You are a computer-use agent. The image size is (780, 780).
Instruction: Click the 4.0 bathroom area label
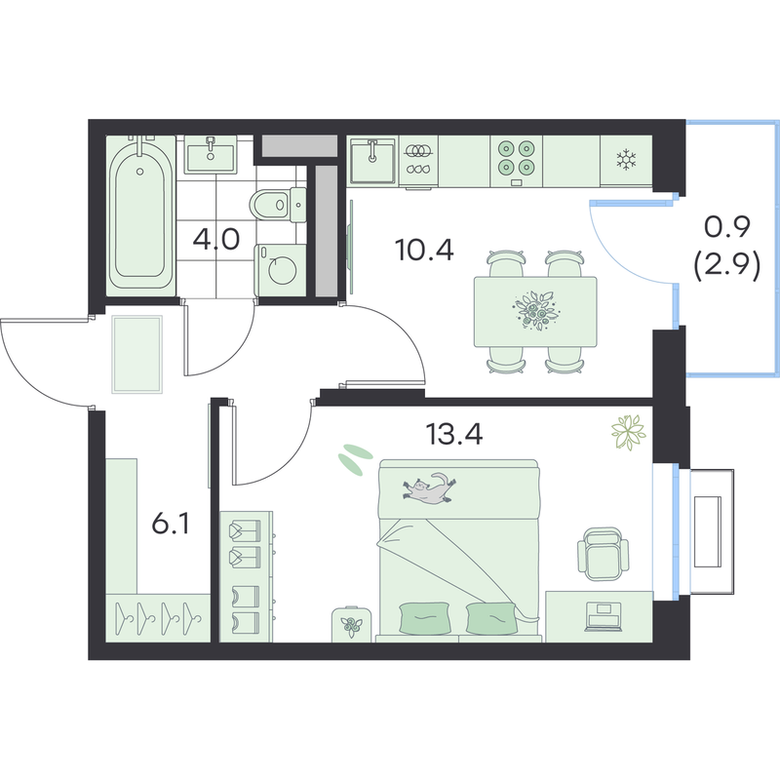(x=216, y=240)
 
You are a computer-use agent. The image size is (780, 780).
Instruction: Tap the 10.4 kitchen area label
(x=424, y=250)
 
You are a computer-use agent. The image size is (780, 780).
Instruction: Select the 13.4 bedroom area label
(x=454, y=434)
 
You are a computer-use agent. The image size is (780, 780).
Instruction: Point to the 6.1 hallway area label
(x=171, y=524)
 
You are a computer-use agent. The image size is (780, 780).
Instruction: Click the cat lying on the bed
(x=429, y=488)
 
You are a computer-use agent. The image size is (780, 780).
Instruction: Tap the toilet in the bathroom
(x=278, y=205)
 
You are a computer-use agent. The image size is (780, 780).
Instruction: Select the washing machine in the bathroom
(x=280, y=270)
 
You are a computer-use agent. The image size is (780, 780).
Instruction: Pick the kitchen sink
(x=372, y=160)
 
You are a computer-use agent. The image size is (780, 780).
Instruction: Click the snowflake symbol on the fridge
(x=626, y=160)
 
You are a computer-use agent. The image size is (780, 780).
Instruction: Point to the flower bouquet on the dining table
(x=536, y=311)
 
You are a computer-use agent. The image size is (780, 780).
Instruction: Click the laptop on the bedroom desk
(x=604, y=616)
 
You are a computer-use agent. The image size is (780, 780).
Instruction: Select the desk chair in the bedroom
(x=603, y=554)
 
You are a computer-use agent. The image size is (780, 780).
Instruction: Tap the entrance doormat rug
(x=136, y=354)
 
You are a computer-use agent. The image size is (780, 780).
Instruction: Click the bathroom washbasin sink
(x=211, y=154)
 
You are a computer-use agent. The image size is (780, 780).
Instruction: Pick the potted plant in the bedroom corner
(x=628, y=433)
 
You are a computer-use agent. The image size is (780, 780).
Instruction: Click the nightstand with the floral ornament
(x=352, y=624)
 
